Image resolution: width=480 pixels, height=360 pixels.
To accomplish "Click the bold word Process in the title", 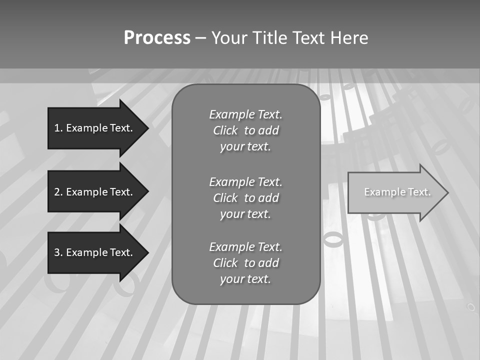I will click(x=157, y=38).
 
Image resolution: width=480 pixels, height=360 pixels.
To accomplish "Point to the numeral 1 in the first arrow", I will click(x=57, y=128).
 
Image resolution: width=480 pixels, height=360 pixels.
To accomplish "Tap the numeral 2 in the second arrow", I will click(x=57, y=192).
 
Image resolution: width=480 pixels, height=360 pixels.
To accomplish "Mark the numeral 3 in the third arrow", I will click(x=57, y=252).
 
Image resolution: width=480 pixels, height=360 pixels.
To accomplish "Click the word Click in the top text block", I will click(x=225, y=130).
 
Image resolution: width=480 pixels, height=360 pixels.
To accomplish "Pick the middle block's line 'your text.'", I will click(x=245, y=214).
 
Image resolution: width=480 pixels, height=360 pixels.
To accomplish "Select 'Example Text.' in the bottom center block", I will click(x=245, y=247).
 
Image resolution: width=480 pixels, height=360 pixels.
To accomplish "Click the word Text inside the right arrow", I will click(x=419, y=192).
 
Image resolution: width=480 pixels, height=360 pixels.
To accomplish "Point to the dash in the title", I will click(x=200, y=38).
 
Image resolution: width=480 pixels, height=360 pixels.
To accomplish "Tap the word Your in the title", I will click(x=229, y=38).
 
